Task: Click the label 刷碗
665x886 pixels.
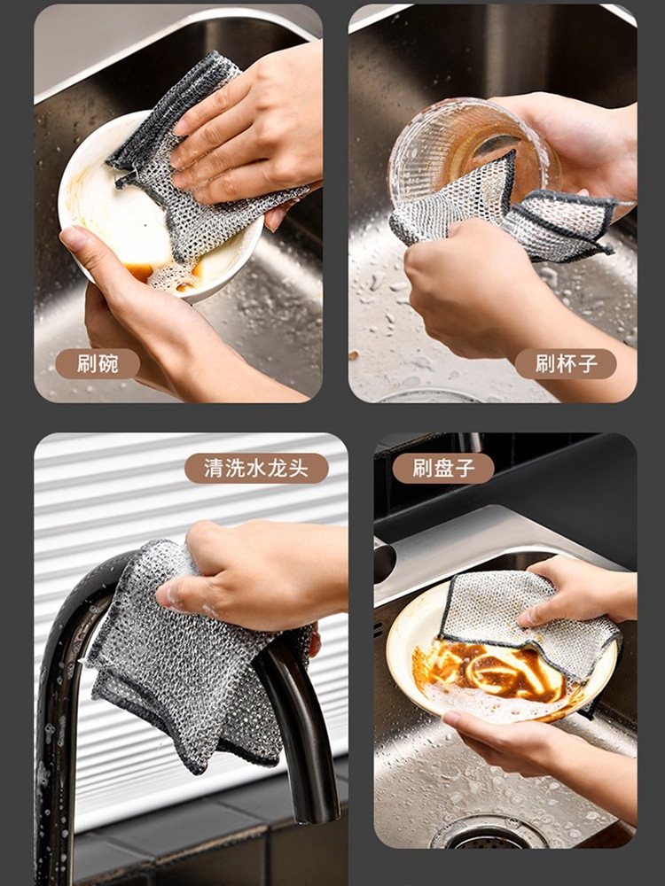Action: (98, 364)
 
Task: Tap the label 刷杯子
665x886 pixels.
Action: (566, 364)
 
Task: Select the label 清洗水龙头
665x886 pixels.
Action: (256, 468)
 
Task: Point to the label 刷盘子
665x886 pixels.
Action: (443, 468)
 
